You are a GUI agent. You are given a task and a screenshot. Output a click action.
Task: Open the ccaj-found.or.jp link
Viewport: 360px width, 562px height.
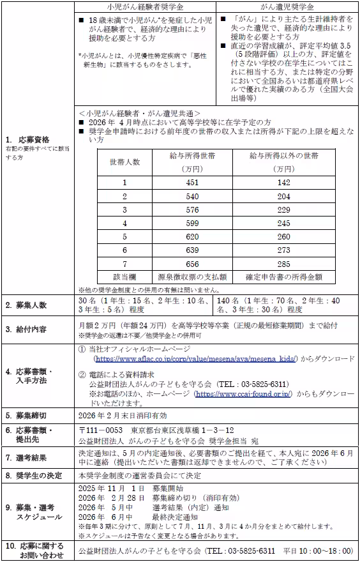(x=243, y=395)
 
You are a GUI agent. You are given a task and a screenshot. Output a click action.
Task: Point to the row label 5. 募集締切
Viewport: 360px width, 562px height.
(x=29, y=414)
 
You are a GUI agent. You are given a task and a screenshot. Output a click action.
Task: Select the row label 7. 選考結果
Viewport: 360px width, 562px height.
(x=29, y=458)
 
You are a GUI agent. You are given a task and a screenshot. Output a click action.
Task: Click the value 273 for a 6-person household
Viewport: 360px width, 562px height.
(x=283, y=249)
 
